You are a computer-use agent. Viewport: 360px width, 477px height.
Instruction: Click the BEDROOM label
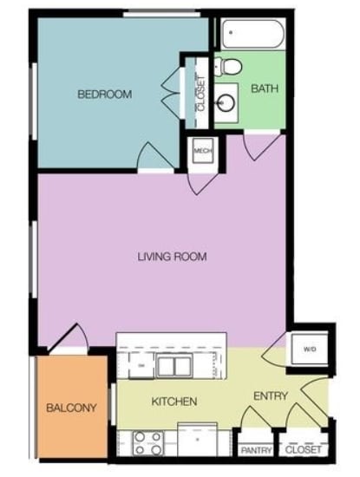pos(104,95)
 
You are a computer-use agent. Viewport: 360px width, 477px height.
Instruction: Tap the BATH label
pos(264,89)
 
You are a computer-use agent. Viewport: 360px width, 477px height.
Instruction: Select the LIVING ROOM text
pos(172,257)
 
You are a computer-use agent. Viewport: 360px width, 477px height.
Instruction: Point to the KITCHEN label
pos(174,402)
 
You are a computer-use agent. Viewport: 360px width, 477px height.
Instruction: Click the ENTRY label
pos(270,396)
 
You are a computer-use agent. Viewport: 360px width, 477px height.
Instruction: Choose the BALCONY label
pos(70,408)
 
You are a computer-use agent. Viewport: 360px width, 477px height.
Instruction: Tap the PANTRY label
pos(256,450)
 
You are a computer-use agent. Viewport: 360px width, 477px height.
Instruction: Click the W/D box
pos(310,350)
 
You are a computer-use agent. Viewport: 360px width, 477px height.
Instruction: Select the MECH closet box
pos(203,152)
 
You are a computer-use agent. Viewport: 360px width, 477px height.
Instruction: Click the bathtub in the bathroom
pos(252,33)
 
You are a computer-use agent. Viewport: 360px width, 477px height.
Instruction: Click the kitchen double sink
pos(174,366)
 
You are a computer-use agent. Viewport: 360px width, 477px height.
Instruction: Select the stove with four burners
pos(147,444)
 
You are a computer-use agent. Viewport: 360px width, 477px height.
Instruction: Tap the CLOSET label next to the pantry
pos(303,450)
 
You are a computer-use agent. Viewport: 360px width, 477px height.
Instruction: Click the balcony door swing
pos(69,339)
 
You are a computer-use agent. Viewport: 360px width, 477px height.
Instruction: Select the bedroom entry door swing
pos(153,156)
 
